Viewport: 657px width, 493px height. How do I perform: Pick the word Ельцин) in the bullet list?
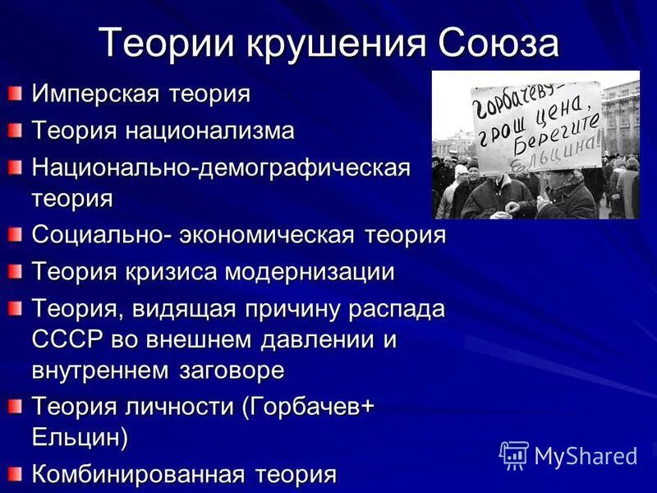click(x=80, y=437)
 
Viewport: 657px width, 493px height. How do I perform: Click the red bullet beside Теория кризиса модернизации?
click(x=16, y=270)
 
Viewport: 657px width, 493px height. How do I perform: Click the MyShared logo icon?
click(x=514, y=454)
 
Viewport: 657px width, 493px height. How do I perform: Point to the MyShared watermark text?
click(x=586, y=456)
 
